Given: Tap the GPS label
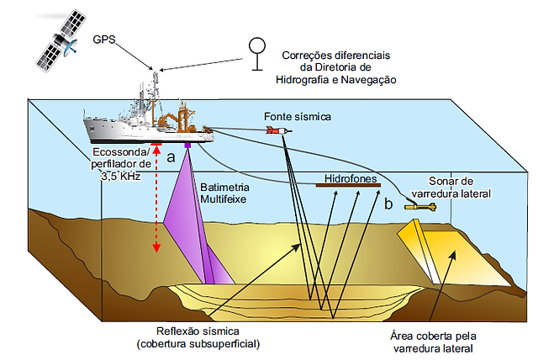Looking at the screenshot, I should (103, 40).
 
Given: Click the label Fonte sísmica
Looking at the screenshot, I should (298, 115).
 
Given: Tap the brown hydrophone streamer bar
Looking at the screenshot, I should (345, 187).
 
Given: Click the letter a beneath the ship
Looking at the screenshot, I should (171, 156).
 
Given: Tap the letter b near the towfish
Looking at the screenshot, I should (388, 204).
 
